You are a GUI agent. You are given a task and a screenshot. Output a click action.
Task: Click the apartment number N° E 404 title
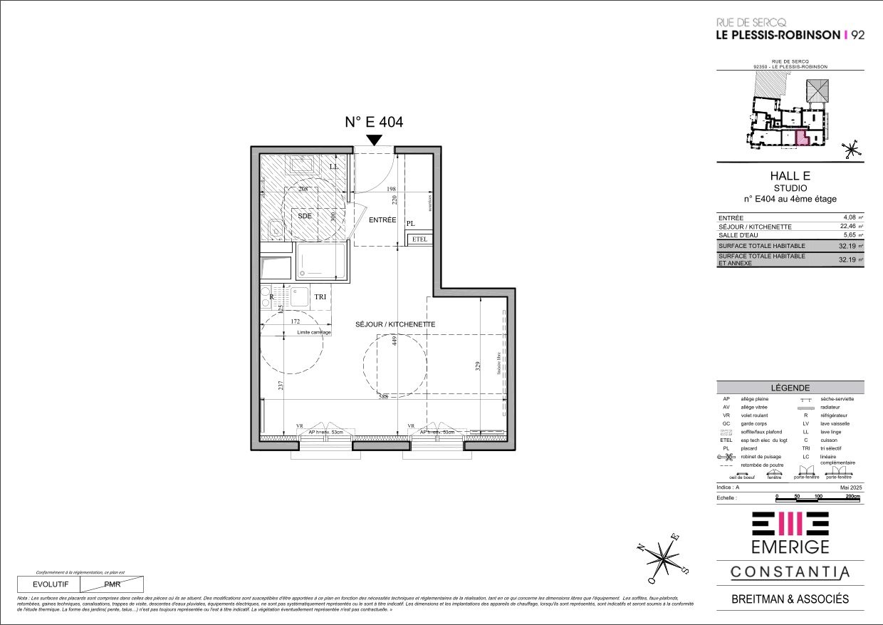(x=374, y=122)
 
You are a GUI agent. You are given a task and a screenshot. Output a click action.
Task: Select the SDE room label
(x=304, y=215)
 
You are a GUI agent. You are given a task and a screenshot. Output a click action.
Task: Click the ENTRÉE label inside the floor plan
(x=382, y=220)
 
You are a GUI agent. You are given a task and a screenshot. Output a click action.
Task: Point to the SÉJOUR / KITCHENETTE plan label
(x=395, y=324)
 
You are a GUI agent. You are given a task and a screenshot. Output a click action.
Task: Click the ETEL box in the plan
(x=419, y=239)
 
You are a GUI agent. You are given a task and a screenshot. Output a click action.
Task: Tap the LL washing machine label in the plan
(x=334, y=167)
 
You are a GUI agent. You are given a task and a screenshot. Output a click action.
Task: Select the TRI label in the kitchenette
(x=320, y=296)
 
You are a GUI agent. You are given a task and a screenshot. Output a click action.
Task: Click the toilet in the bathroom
(x=275, y=229)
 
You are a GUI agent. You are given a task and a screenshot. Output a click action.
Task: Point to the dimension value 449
(x=393, y=341)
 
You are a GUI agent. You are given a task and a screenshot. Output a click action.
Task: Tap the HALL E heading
(x=790, y=176)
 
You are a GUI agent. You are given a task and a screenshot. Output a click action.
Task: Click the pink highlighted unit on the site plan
(x=801, y=138)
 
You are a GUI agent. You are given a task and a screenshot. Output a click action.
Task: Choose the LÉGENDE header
(x=790, y=387)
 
